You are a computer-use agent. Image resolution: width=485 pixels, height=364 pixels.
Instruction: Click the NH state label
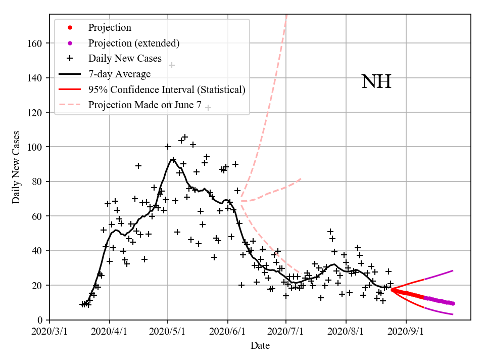376,82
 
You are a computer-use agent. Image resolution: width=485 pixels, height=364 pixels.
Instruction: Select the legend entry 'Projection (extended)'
133,43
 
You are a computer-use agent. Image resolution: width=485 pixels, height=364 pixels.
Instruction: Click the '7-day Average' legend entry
119,74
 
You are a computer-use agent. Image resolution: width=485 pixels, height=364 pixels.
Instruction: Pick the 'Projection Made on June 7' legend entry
144,105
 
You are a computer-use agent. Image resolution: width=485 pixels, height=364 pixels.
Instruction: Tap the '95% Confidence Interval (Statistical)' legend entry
167,89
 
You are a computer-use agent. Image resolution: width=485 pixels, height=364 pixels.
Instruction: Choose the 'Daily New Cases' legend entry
125,59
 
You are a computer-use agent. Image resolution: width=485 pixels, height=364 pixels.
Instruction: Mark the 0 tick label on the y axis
40,320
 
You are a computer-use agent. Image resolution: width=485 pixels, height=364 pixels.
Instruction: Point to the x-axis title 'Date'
260,346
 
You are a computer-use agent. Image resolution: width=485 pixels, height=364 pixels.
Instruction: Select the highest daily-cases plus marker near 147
172,65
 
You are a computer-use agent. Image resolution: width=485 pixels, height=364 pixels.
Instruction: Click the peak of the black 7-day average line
172,159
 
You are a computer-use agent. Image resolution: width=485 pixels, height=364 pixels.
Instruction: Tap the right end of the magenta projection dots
453,303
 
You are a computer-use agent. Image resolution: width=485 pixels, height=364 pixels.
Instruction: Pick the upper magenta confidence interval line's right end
453,270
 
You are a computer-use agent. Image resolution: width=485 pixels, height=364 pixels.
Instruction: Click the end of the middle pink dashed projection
302,178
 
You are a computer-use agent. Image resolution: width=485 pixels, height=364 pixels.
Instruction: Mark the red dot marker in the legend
70,28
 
